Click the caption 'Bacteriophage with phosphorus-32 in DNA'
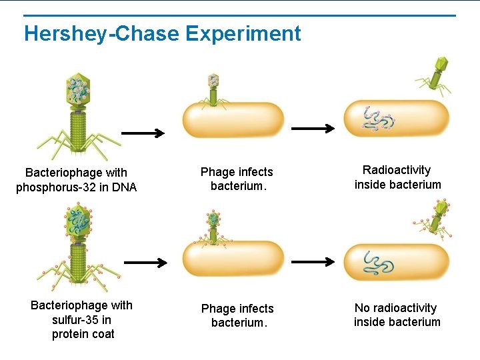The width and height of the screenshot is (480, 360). pyautogui.click(x=76, y=180)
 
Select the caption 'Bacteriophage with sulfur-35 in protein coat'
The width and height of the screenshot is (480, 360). pyautogui.click(x=82, y=319)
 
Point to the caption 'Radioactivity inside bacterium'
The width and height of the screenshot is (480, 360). pyautogui.click(x=397, y=177)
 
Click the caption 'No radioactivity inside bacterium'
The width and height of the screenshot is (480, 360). pyautogui.click(x=397, y=315)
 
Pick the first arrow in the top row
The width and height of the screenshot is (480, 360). pyautogui.click(x=143, y=133)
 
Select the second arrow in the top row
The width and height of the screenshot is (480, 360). pyautogui.click(x=313, y=128)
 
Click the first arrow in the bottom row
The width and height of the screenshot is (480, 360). pyautogui.click(x=145, y=263)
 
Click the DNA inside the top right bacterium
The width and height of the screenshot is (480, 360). pyautogui.click(x=378, y=119)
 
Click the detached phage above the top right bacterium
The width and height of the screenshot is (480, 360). pyautogui.click(x=435, y=73)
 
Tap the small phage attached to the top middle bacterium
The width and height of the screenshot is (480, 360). pyautogui.click(x=213, y=89)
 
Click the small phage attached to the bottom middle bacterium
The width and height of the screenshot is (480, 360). pyautogui.click(x=213, y=225)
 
